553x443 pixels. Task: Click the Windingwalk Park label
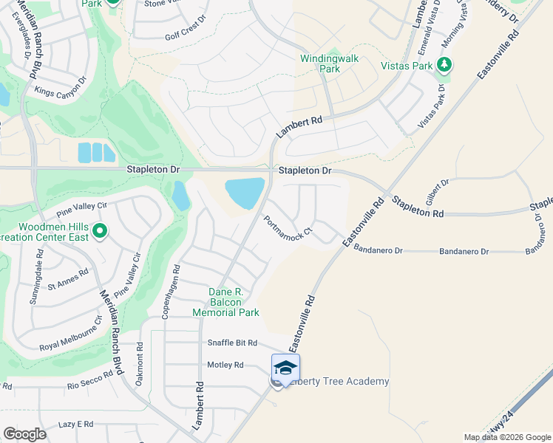(x=320, y=63)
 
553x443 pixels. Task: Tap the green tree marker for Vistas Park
(x=444, y=66)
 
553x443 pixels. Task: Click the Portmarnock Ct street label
(x=288, y=228)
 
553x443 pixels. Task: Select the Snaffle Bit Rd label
(x=231, y=343)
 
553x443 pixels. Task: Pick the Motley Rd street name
(x=225, y=365)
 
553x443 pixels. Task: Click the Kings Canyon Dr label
(x=61, y=87)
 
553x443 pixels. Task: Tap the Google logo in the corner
(x=25, y=434)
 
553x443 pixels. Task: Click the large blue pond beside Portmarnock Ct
(x=245, y=193)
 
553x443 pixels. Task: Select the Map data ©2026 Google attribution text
(x=506, y=437)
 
